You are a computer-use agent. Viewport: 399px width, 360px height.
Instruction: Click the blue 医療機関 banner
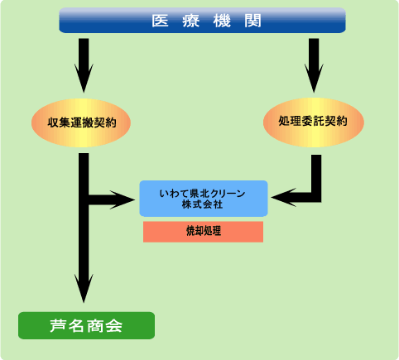[202, 21]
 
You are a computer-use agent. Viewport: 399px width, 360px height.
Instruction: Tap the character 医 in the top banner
[160, 21]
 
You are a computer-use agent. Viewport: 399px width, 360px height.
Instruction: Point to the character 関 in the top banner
[252, 21]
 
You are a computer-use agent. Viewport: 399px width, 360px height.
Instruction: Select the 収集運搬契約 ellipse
[81, 122]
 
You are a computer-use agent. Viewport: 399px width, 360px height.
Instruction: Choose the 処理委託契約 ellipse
[314, 122]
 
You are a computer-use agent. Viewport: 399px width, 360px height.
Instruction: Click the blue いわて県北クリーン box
[204, 199]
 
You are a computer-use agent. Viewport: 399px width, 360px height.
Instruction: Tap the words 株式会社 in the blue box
[202, 204]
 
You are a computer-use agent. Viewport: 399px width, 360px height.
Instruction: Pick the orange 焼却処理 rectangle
[203, 232]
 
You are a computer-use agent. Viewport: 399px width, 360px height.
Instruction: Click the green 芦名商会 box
[86, 325]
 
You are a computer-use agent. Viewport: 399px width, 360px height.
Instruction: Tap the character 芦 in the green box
[59, 326]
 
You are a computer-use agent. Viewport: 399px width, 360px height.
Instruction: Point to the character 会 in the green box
[113, 326]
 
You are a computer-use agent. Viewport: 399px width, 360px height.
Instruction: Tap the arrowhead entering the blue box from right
[284, 198]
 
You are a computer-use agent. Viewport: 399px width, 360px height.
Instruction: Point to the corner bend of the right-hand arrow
[316, 198]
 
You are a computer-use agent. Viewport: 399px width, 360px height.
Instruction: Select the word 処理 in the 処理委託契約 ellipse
[290, 121]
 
